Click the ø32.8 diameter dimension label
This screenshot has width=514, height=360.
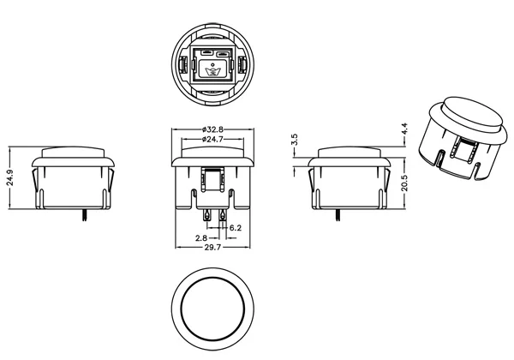click(212, 129)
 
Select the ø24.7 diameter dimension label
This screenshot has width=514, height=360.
click(212, 140)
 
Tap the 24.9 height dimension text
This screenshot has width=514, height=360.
click(9, 177)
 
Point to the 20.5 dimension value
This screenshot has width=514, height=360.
click(404, 183)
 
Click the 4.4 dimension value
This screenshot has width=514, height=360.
click(404, 129)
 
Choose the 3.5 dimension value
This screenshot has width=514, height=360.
click(295, 140)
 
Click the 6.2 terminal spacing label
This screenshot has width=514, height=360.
click(236, 227)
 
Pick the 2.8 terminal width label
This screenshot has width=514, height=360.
click(201, 238)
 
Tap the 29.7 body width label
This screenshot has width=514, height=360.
click(212, 247)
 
